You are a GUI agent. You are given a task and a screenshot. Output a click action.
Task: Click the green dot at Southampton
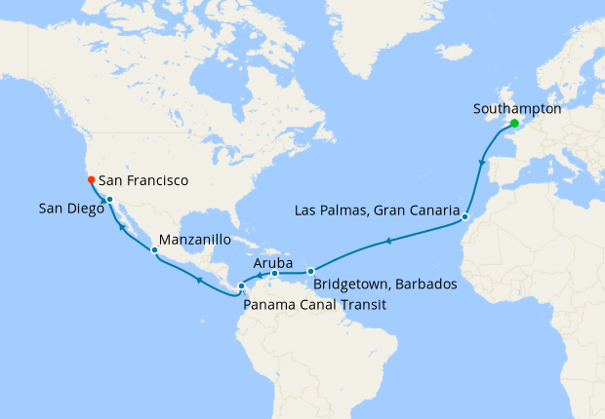tap(514, 124)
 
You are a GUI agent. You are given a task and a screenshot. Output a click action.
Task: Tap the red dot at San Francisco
tap(91, 179)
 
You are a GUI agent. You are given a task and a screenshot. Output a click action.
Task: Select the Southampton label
tap(516, 108)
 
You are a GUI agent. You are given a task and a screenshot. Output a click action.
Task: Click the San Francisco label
tap(143, 180)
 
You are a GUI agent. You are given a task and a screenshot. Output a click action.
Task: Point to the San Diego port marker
tap(109, 201)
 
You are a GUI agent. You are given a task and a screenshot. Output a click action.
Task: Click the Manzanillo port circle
tap(154, 251)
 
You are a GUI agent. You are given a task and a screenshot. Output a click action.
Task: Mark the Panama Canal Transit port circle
tap(242, 286)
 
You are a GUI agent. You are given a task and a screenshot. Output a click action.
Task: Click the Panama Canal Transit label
tap(314, 305)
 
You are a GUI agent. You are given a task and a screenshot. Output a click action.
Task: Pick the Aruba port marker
tap(275, 274)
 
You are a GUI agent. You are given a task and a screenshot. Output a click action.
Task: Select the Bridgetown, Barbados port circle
tap(310, 271)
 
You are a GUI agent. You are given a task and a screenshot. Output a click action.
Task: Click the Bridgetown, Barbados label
tap(385, 285)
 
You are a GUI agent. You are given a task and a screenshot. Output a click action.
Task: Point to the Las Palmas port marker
tap(465, 215)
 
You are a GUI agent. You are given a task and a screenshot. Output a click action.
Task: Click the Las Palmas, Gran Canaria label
tap(377, 210)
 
